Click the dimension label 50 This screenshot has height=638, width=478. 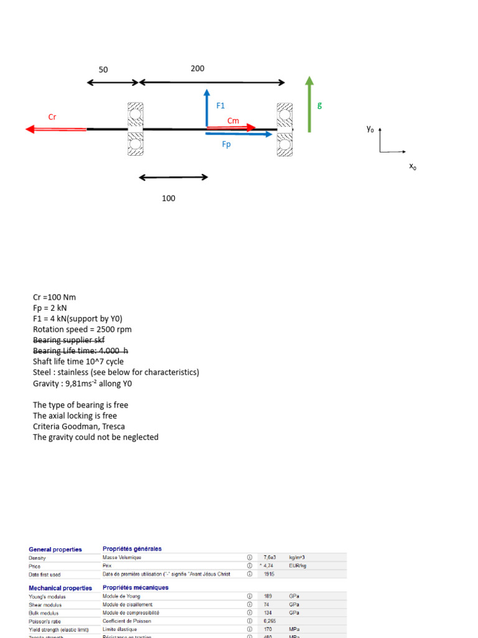coord(103,70)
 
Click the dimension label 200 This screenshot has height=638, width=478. coord(197,69)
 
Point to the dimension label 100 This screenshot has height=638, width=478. coord(169,198)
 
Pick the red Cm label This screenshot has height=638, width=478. coord(233,121)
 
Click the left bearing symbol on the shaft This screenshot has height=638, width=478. coord(135,129)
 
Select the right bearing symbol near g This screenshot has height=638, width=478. coord(285,129)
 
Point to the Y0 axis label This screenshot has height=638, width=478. coord(371,129)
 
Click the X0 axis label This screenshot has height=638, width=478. coord(412,166)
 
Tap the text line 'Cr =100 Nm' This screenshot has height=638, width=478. coord(54,297)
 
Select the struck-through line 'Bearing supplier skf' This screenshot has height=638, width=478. coord(69,340)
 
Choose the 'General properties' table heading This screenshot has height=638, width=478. coord(55,550)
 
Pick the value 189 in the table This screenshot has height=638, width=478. coord(269,596)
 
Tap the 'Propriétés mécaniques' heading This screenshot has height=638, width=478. coord(136,588)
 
